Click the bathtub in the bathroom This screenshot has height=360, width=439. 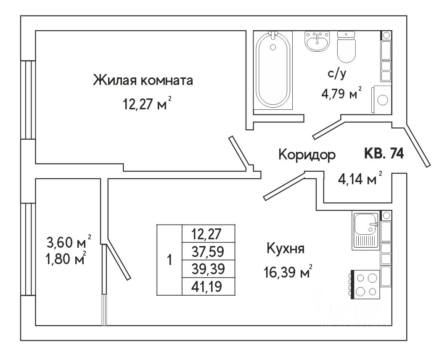click(273, 71)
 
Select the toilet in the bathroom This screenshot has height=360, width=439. click(347, 48)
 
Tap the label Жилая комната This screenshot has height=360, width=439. click(143, 80)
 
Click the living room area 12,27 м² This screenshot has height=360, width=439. click(147, 103)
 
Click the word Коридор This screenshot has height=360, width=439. click(307, 155)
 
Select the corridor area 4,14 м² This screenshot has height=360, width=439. click(360, 180)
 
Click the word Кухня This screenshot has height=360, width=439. click(285, 249)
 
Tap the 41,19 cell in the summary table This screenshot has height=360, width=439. click(208, 287)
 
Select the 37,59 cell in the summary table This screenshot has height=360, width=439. click(208, 251)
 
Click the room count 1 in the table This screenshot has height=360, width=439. click(169, 260)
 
